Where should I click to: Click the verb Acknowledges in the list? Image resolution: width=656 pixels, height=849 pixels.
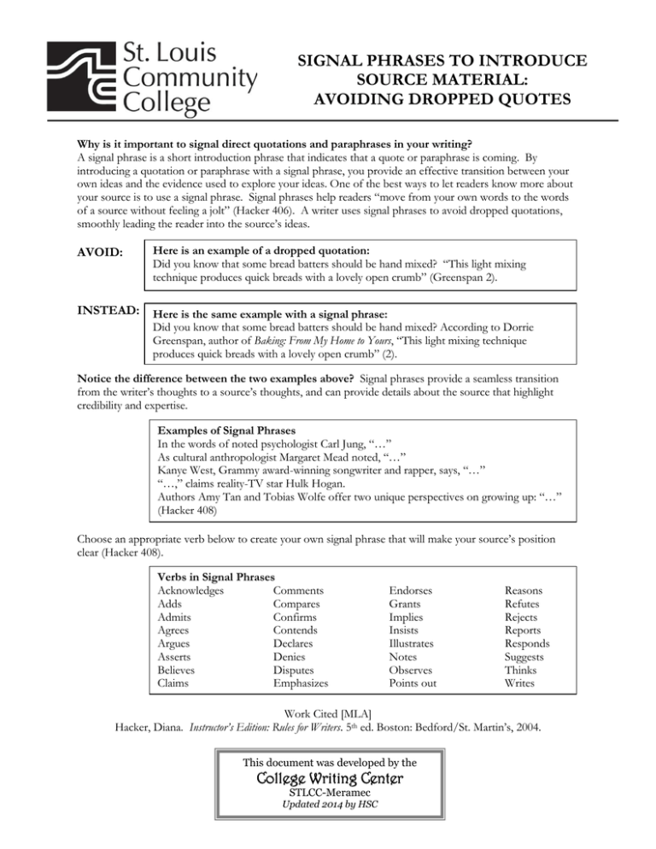tap(191, 591)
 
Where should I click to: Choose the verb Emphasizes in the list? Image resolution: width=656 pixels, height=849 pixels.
tap(302, 683)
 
